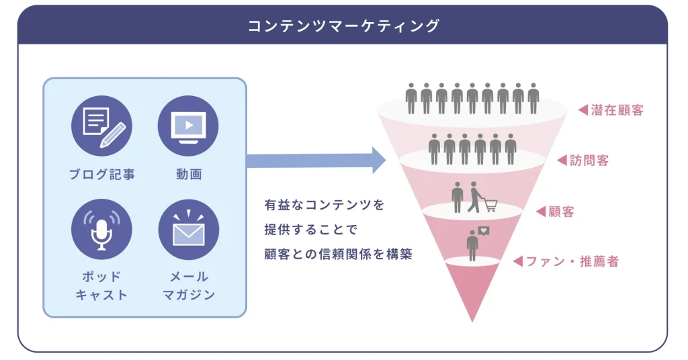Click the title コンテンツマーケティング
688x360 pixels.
pos(343,26)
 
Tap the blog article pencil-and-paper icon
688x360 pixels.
pos(101,126)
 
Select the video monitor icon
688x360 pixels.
pos(187,126)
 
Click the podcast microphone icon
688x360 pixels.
pos(101,229)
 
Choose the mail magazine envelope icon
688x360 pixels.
pos(187,229)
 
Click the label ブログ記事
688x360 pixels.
pos(101,175)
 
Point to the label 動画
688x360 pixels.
pos(187,175)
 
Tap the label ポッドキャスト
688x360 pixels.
pos(101,285)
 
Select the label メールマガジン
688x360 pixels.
pos(187,285)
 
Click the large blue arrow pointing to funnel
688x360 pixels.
pos(316,161)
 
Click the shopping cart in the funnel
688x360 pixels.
pos(490,205)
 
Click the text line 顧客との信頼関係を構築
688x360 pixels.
pos(337,254)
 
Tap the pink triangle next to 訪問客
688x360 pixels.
pos(562,161)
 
